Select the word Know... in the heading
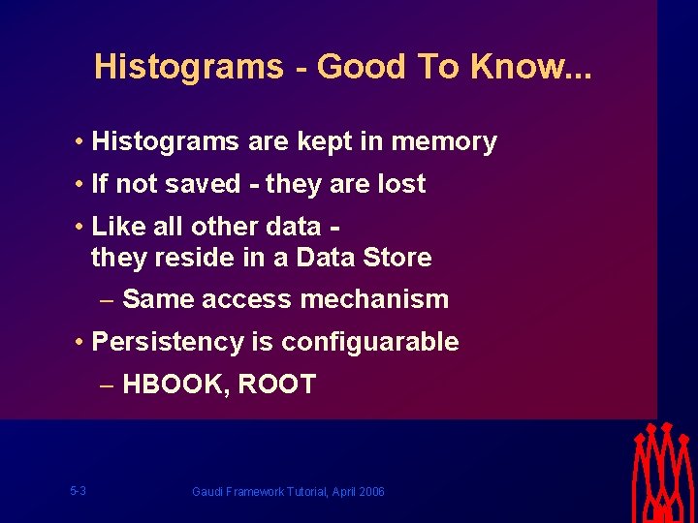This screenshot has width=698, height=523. [x=531, y=67]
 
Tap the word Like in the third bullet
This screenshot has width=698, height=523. [x=116, y=227]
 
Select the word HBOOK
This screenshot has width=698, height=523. [x=175, y=385]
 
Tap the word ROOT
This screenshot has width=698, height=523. [x=276, y=385]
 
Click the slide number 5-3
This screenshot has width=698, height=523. [x=79, y=491]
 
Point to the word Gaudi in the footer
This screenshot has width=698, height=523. [x=207, y=492]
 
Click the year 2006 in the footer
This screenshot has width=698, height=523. [x=370, y=492]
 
